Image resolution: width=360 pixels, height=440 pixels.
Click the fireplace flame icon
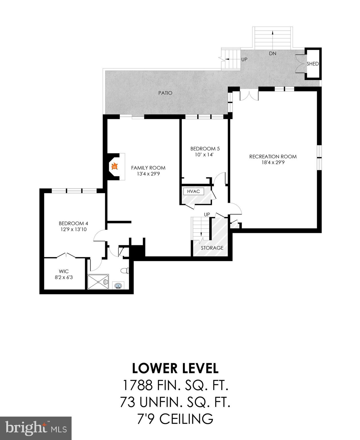114,166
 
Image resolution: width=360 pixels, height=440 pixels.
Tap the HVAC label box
193,191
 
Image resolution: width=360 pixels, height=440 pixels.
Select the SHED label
312,64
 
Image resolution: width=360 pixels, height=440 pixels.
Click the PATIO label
165,93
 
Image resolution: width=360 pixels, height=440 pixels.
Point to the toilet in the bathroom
125,271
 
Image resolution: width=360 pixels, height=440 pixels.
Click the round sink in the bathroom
118,285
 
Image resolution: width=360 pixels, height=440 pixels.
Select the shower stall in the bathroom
98,282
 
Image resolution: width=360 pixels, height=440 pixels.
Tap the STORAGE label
212,248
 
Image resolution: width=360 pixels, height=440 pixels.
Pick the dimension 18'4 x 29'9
273,162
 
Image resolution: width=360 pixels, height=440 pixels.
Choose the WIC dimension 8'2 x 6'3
64,277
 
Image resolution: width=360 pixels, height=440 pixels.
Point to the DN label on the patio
272,53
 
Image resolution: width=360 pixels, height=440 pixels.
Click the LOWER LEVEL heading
175,368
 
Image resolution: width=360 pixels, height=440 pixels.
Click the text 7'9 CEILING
175,419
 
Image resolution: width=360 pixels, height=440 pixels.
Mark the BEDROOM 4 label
71,223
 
